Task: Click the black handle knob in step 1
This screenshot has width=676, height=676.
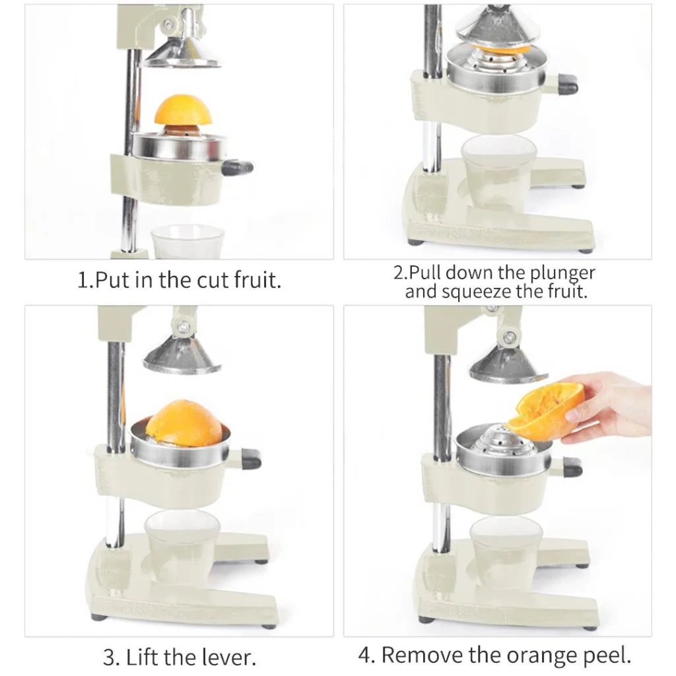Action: pyautogui.click(x=238, y=168)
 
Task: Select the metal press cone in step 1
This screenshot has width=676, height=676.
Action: pyautogui.click(x=181, y=53)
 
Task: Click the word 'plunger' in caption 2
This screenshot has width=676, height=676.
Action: pyautogui.click(x=562, y=273)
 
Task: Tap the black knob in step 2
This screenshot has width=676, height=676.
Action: pyautogui.click(x=566, y=84)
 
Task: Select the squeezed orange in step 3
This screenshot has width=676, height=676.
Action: pyautogui.click(x=184, y=423)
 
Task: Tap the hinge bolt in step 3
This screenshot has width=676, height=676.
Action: pyautogui.click(x=184, y=325)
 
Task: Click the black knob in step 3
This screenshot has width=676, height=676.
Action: pyautogui.click(x=251, y=458)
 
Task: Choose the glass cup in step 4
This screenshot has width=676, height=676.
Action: pyautogui.click(x=506, y=551)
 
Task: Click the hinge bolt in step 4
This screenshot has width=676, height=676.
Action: pyautogui.click(x=509, y=337)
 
